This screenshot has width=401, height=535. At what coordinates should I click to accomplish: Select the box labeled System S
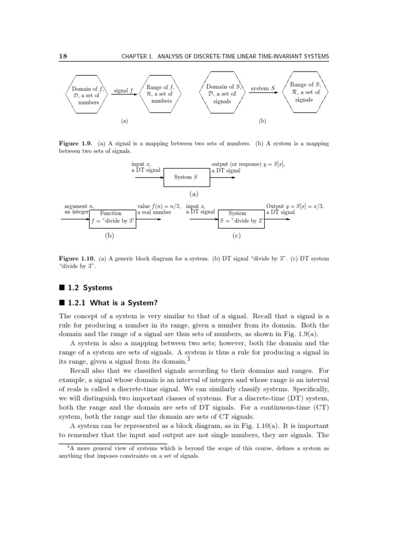coord(186,177)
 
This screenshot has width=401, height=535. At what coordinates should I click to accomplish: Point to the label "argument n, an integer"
coord(76,210)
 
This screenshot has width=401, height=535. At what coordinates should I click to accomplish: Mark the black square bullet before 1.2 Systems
coord(62,288)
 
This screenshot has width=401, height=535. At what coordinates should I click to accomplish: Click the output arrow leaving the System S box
coord(223,177)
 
